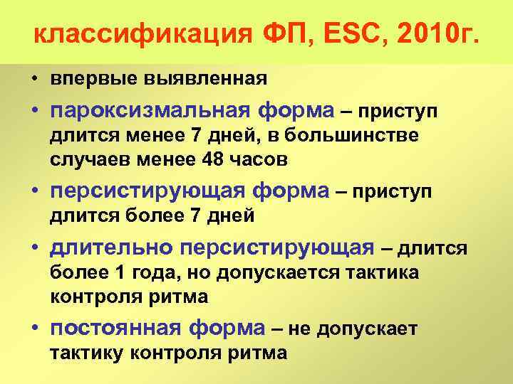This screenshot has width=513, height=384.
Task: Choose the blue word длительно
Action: [x=111, y=247]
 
